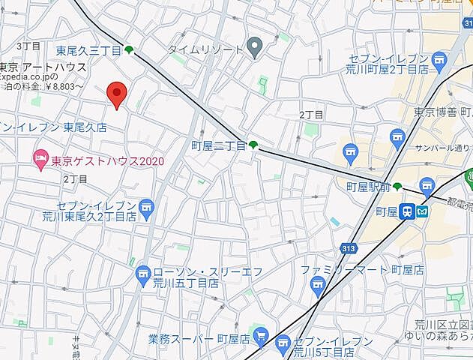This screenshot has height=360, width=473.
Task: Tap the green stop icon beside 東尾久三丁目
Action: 130,50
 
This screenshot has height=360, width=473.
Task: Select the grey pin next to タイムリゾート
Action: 255,49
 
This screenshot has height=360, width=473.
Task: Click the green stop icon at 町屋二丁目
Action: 254,145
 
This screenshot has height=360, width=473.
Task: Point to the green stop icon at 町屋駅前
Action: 397,187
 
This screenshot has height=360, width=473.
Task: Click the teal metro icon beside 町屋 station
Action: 424,212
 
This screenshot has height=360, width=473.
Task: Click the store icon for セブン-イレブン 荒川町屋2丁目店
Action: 397,136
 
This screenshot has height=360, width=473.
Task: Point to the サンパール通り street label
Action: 445,148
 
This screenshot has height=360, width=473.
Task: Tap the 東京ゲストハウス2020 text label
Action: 106,160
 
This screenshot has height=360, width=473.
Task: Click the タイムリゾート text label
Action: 205,49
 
